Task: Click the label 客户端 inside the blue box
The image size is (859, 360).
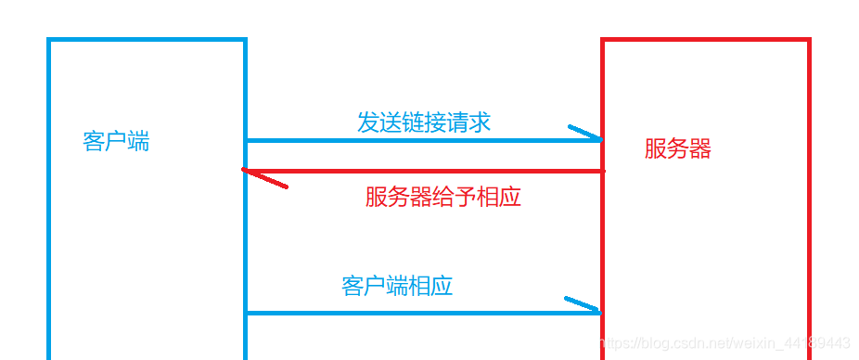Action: pyautogui.click(x=116, y=142)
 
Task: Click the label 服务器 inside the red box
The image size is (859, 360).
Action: pyautogui.click(x=678, y=148)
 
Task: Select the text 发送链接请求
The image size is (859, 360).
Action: pyautogui.click(x=424, y=122)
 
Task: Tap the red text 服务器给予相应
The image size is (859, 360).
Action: pyautogui.click(x=442, y=197)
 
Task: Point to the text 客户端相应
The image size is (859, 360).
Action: pyautogui.click(x=397, y=286)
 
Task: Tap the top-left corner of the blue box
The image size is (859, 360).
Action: pyautogui.click(x=49, y=41)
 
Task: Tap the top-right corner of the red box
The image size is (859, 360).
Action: pyautogui.click(x=809, y=41)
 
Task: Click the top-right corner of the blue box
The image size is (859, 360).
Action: pyautogui.click(x=245, y=41)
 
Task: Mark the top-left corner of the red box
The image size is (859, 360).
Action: pyautogui.click(x=604, y=41)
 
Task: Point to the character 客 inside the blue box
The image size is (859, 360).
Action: pyautogui.click(x=94, y=142)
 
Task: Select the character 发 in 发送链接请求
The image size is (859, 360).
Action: pyautogui.click(x=368, y=122)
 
